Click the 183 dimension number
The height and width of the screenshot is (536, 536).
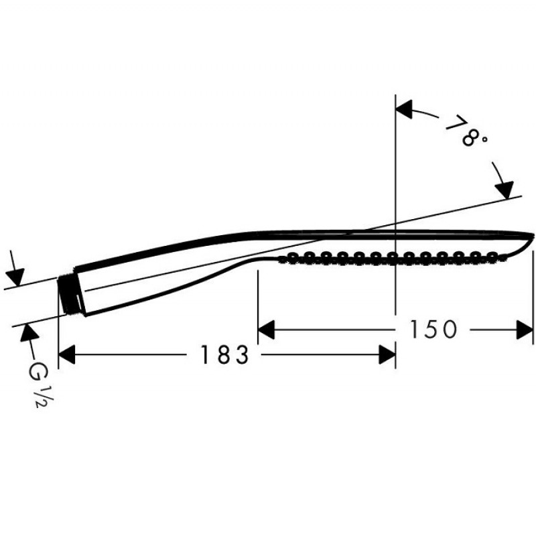point(224,355)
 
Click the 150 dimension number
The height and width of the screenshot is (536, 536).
point(433,330)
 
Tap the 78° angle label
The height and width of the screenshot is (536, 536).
point(466,131)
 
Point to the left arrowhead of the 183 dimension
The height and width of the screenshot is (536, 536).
point(66,355)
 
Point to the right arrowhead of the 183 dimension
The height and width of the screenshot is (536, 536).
point(387,355)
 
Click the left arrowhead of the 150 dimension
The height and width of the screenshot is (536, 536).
point(266,330)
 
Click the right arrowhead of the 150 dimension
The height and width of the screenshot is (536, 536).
point(525,330)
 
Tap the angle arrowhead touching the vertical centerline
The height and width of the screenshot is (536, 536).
point(404,109)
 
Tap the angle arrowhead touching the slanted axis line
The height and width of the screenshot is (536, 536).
point(504,190)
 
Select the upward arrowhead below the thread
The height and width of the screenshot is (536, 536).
point(29,332)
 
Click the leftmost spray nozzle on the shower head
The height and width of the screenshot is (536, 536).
point(293,257)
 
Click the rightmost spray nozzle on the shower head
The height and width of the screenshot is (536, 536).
point(492,257)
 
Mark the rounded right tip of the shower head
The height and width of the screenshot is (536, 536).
point(533,235)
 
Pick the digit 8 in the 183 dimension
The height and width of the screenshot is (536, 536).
point(224,355)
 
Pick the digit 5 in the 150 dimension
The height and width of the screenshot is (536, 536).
point(433,330)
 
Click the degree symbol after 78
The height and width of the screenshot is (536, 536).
point(484,139)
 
